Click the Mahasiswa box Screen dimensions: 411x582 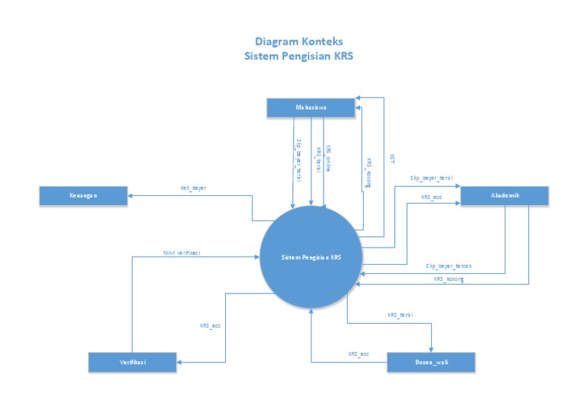(x=311, y=107)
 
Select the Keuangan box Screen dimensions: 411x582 (x=84, y=196)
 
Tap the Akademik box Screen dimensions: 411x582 (x=505, y=195)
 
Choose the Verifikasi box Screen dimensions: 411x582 (x=133, y=362)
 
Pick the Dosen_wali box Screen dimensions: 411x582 (x=431, y=362)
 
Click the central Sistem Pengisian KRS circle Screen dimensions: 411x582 (x=311, y=257)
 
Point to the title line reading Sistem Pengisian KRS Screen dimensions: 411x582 (x=299, y=56)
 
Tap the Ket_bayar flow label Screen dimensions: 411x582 (x=193, y=185)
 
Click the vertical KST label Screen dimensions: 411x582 (x=391, y=159)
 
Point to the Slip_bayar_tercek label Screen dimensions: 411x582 (x=449, y=266)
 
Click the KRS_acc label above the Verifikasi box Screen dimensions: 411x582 (x=210, y=325)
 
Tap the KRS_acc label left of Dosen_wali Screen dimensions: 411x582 (x=358, y=354)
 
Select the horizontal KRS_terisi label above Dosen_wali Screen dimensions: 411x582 (x=400, y=314)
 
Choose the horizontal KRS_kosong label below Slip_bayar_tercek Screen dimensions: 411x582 (x=449, y=279)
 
